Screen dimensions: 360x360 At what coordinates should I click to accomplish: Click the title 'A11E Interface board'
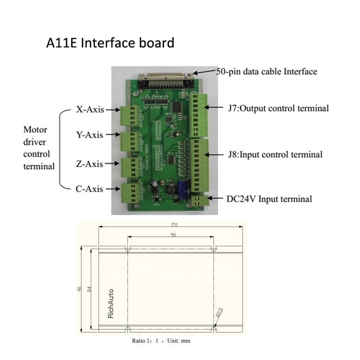(x=110, y=43)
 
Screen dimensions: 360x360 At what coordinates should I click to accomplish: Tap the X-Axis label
(x=90, y=110)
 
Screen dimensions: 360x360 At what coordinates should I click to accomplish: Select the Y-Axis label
(x=89, y=135)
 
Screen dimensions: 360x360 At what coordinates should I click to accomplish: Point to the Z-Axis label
(x=89, y=164)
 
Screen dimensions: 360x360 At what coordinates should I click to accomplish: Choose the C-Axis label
(x=89, y=189)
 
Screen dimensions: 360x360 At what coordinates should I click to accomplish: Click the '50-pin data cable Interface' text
(x=267, y=72)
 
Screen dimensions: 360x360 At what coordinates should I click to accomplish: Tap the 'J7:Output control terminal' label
(x=278, y=108)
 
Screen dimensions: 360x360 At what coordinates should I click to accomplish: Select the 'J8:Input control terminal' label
(x=275, y=155)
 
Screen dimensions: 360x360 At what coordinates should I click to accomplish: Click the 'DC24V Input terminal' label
(x=269, y=199)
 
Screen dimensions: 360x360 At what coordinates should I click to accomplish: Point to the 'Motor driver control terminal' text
(x=39, y=148)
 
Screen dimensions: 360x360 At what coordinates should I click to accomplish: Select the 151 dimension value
(x=174, y=225)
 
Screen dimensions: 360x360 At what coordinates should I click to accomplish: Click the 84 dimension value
(x=89, y=289)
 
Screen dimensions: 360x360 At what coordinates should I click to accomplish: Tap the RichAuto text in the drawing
(x=111, y=303)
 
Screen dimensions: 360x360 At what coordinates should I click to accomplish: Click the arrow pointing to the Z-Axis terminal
(x=112, y=164)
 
